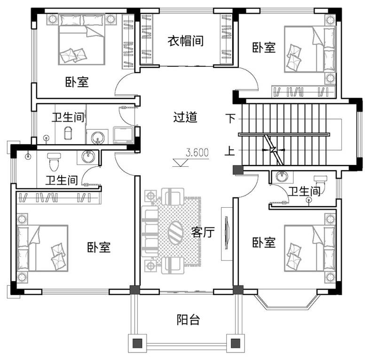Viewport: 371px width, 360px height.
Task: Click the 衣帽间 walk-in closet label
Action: click(185, 41)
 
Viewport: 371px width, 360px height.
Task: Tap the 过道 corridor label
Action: click(185, 117)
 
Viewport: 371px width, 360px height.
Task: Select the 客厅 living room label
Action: click(203, 232)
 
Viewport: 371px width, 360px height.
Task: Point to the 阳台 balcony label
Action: click(189, 320)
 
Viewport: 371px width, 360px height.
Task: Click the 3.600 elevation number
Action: click(197, 153)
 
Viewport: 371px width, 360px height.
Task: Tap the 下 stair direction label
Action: click(230, 118)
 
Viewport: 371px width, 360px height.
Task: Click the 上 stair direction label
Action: click(230, 151)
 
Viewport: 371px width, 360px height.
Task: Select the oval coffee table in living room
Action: click(175, 232)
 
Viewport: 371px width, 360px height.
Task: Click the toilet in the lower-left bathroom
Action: click(54, 162)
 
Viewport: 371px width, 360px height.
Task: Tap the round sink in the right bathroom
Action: click(282, 176)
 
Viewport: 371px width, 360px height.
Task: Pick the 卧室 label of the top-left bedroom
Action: click(77, 82)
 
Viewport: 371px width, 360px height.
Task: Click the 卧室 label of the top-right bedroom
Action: click(264, 47)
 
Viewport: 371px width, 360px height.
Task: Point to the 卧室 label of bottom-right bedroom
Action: click(264, 243)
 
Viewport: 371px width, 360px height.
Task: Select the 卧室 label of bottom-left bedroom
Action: click(99, 247)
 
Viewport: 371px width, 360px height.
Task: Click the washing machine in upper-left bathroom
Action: click(123, 135)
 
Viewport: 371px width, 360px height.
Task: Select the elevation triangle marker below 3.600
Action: click(181, 163)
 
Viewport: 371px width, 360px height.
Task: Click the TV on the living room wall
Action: click(227, 233)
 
